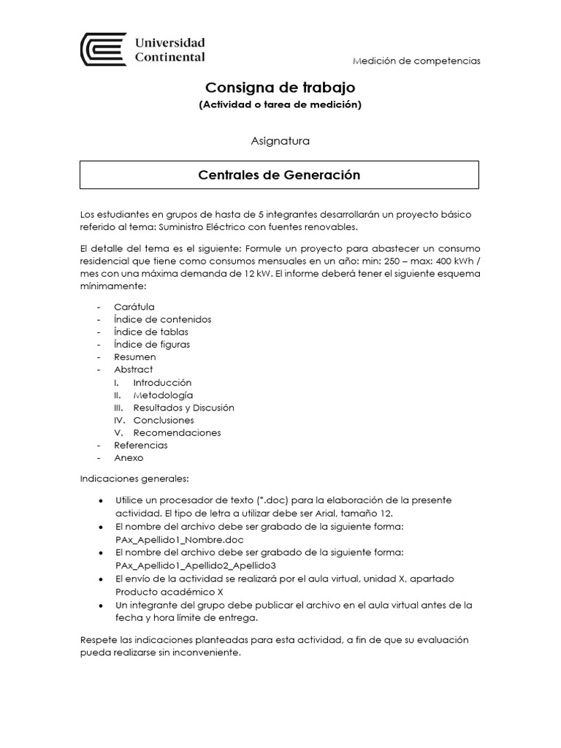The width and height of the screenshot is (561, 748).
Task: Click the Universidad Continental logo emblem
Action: tap(102, 50)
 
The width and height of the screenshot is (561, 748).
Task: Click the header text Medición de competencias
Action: tap(416, 61)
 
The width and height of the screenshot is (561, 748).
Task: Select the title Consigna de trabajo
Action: tap(280, 88)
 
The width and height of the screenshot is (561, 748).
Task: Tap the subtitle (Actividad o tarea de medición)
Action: tap(280, 104)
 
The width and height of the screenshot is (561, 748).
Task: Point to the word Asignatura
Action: tap(280, 141)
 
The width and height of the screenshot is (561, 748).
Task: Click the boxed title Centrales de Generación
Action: tap(280, 175)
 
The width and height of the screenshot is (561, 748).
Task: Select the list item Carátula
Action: tap(134, 307)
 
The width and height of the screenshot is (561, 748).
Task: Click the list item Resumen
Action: tap(135, 357)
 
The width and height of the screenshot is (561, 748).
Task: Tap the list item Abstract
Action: tap(134, 370)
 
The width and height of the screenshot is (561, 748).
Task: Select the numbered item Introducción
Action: tap(162, 383)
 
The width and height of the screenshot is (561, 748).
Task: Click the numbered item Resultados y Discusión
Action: tap(183, 408)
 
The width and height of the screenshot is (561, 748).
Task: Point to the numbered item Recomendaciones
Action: tap(177, 432)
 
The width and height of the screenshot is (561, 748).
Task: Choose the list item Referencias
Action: tap(141, 445)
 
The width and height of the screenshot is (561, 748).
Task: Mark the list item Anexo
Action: tap(129, 458)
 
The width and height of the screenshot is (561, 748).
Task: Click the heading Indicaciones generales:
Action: tap(134, 478)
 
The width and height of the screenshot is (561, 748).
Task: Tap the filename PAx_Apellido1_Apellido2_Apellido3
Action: tap(195, 565)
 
